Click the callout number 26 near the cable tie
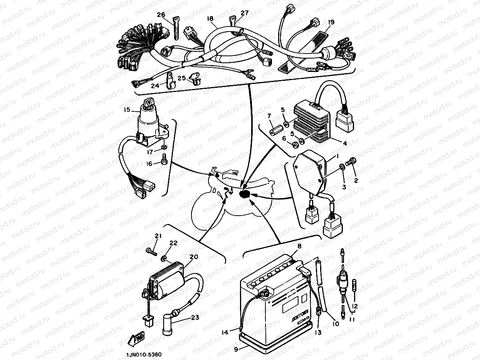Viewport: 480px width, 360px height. [161, 15]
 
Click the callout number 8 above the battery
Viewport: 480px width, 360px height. [299, 246]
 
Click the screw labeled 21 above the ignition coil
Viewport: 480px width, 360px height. [151, 251]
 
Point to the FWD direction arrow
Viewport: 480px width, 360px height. [135, 339]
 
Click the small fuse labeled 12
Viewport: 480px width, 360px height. [355, 285]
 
